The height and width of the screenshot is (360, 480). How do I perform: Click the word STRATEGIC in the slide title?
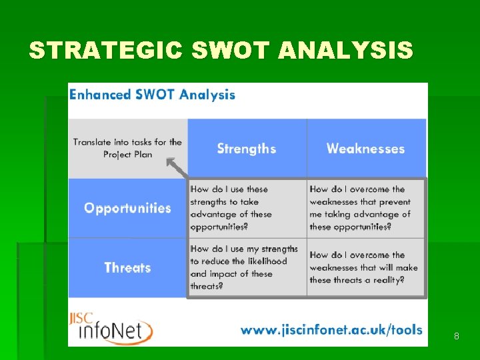click(x=105, y=51)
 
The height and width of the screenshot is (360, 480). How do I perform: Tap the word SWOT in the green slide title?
click(x=231, y=51)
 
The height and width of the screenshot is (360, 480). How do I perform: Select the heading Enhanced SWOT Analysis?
click(x=152, y=95)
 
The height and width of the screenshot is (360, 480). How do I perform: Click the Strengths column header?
click(x=246, y=149)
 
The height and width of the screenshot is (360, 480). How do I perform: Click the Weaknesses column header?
click(x=365, y=149)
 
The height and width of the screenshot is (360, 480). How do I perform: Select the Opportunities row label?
click(x=127, y=208)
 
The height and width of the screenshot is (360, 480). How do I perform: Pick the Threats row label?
click(x=127, y=268)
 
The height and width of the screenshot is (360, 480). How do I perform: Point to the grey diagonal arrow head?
click(x=171, y=162)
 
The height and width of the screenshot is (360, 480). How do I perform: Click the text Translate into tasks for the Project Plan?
click(x=127, y=148)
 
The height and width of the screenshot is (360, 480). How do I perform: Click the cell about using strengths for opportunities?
click(x=246, y=208)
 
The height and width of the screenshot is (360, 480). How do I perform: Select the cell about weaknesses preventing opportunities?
click(x=365, y=208)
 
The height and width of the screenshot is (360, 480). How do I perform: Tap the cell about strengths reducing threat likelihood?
click(x=246, y=267)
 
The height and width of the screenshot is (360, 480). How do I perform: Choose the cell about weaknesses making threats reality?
click(x=365, y=267)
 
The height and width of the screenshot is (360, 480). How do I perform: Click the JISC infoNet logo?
click(x=111, y=328)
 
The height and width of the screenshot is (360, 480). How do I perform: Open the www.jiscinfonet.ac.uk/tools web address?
click(x=331, y=330)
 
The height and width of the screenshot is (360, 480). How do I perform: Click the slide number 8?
click(x=456, y=337)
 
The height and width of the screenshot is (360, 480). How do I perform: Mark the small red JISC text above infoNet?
click(x=81, y=318)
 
